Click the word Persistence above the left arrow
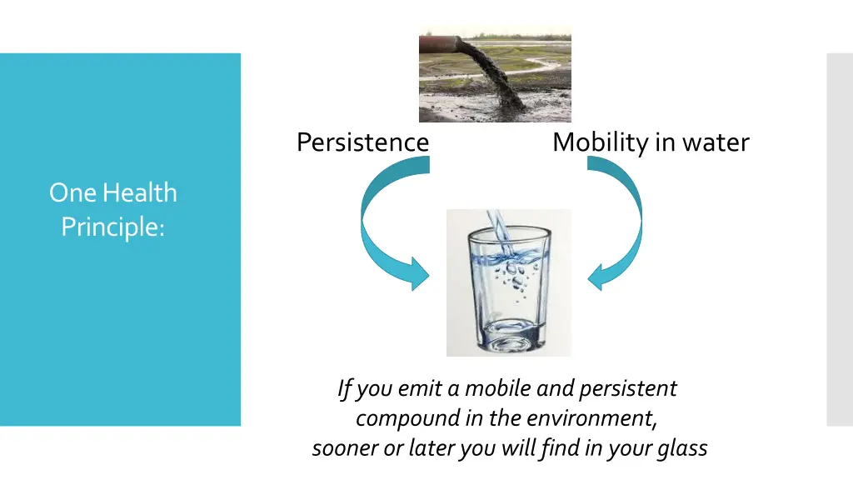click(x=362, y=142)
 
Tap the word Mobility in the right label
click(x=599, y=142)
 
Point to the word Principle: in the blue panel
click(x=112, y=226)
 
